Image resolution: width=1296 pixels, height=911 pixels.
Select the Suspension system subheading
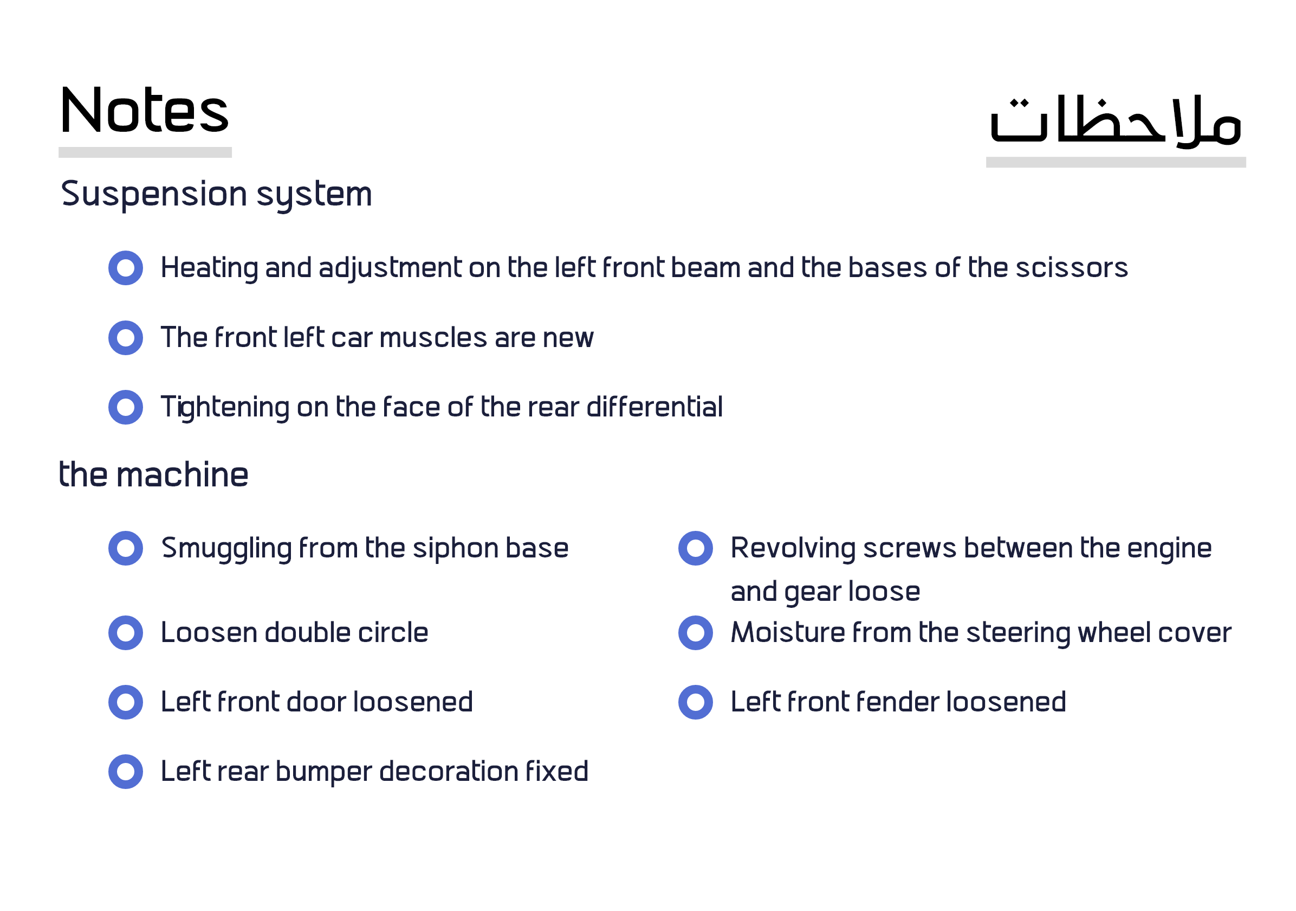coord(216,195)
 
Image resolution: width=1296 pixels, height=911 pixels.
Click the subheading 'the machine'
coord(153,474)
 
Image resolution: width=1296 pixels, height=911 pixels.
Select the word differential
coord(655,407)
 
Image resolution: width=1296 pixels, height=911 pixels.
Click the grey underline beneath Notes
coord(145,152)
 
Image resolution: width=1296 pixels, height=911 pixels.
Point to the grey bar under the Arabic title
coord(1116,163)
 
